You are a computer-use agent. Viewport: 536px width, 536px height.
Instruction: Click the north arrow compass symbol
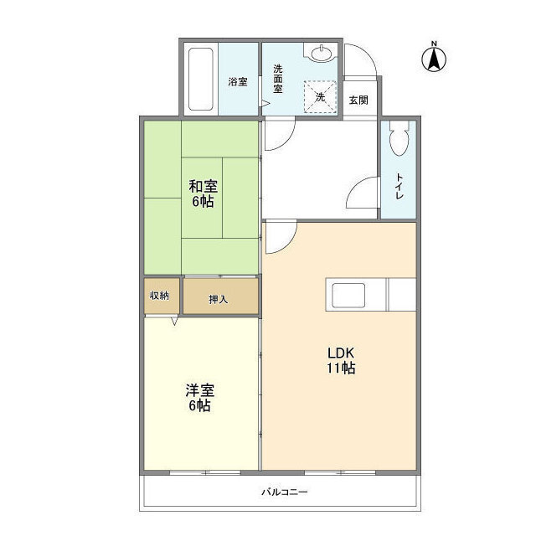pos(434,59)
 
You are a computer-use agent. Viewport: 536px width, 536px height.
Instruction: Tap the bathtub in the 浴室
pos(201,80)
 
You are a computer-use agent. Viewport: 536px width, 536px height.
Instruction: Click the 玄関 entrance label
pos(358,100)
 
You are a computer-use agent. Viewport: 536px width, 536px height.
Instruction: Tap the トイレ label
pos(399,185)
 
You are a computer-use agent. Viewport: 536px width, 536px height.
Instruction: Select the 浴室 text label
pos(238,82)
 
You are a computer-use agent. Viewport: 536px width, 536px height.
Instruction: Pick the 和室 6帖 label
pos(201,193)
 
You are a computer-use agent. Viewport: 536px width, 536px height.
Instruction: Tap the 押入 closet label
pos(218,299)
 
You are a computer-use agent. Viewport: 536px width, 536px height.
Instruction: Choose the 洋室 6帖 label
pos(198,397)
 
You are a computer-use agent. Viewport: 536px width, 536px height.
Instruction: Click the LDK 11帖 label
pos(340,360)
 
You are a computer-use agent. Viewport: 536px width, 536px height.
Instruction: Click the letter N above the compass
pos(434,43)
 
